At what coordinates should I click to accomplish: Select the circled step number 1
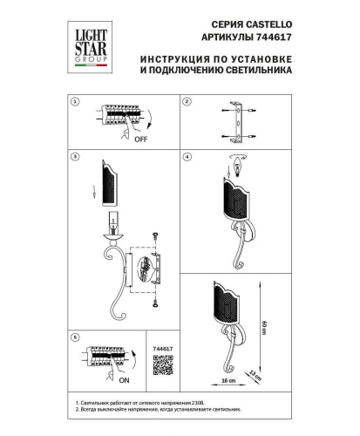coord(76,102)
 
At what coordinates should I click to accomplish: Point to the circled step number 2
coord(187,102)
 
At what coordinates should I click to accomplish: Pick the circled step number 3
coord(76,157)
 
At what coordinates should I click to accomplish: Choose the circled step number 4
coord(187,157)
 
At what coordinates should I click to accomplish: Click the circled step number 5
coord(76,337)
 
